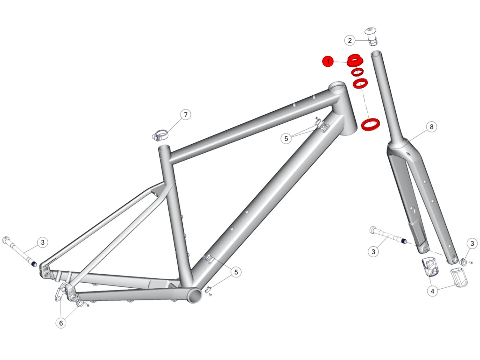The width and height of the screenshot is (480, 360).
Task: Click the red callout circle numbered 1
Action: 328,61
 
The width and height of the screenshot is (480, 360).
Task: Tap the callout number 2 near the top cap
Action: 350,40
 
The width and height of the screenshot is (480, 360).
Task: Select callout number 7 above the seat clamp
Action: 186,115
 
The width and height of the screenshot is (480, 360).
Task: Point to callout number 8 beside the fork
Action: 431,127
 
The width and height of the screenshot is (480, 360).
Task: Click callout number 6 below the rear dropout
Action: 61,323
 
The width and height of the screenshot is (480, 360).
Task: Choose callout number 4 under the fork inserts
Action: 432,291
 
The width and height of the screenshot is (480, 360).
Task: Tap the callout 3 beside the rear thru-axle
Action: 43,242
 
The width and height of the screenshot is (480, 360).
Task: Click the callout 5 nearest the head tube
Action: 286,139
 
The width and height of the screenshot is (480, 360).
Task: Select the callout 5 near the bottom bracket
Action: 236,272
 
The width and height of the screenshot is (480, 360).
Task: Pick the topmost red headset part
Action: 355,60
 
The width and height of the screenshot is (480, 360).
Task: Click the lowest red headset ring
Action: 370,124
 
